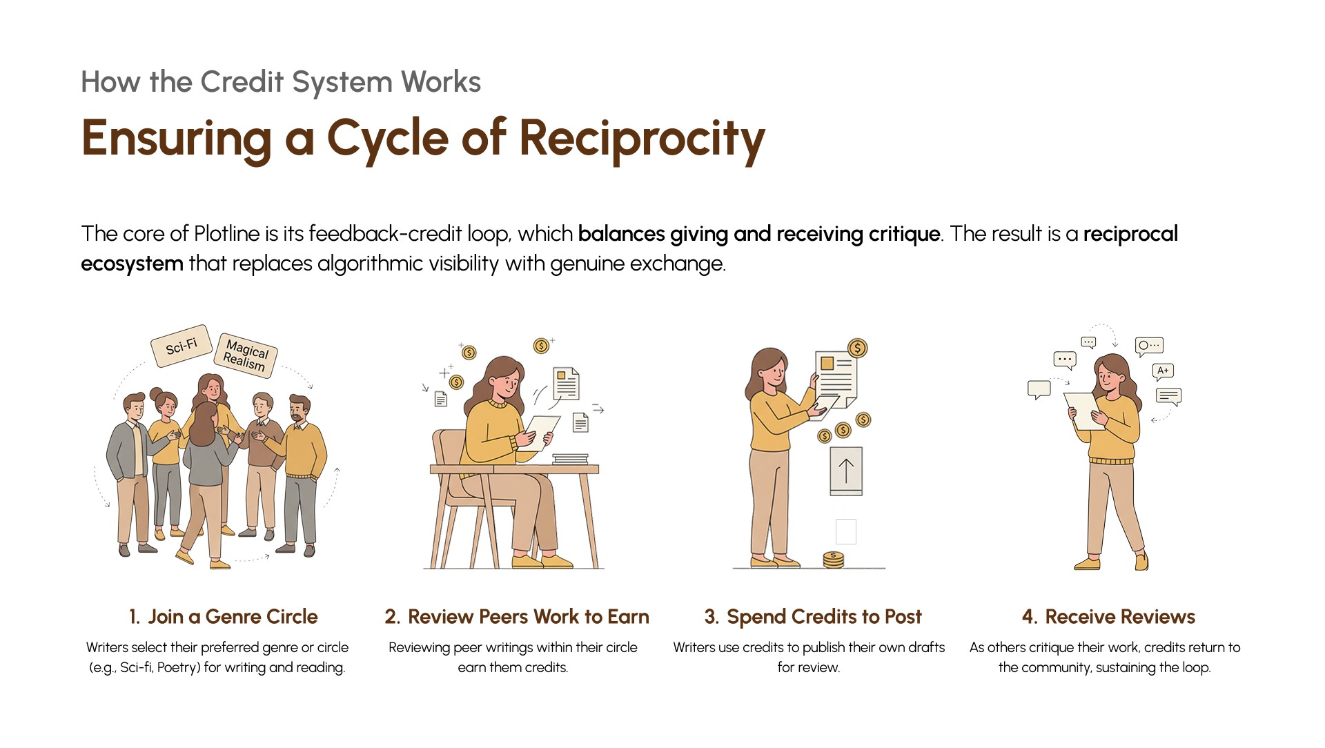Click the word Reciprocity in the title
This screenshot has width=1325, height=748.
click(x=642, y=138)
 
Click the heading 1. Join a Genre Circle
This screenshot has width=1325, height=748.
click(x=223, y=616)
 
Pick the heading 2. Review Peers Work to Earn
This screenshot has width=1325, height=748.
click(x=517, y=616)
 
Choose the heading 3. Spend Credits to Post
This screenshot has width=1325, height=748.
click(x=813, y=616)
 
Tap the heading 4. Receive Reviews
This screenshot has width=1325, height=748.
click(x=1108, y=616)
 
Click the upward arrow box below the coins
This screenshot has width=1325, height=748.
click(x=846, y=471)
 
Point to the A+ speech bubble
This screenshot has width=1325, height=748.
click(x=1163, y=371)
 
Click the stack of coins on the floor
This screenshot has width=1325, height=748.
click(x=834, y=560)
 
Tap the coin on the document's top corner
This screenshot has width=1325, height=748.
click(x=858, y=348)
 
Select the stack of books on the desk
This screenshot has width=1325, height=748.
click(x=570, y=459)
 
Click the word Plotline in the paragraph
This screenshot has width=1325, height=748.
click(x=227, y=234)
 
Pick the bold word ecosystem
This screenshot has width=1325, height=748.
click(x=132, y=264)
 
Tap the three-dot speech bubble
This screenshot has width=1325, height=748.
click(x=1065, y=360)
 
